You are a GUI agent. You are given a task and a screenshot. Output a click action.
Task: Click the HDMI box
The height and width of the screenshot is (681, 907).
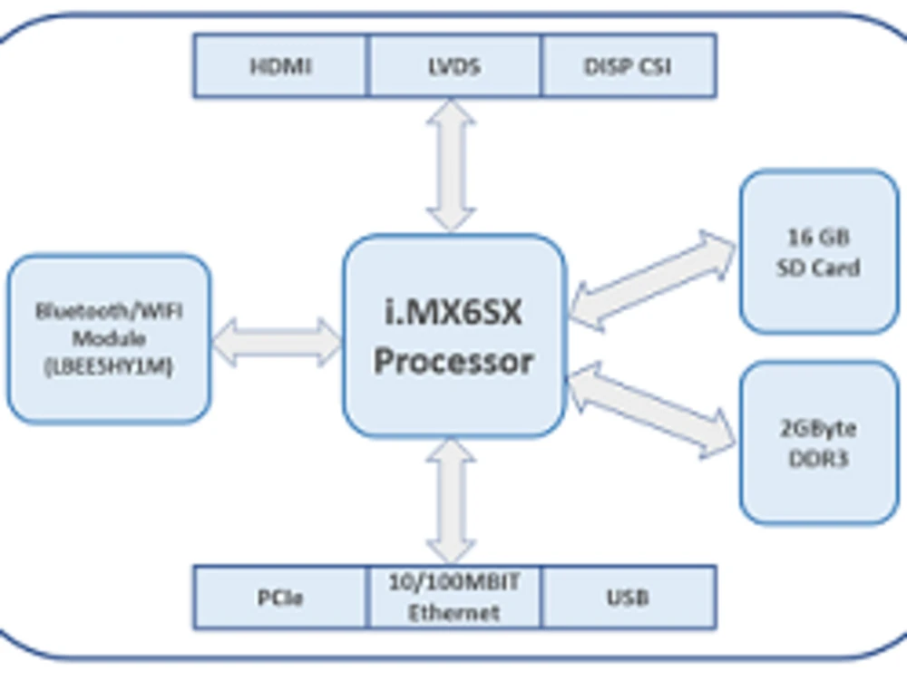click(x=280, y=65)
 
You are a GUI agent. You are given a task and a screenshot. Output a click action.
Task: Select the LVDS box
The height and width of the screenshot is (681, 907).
click(x=454, y=65)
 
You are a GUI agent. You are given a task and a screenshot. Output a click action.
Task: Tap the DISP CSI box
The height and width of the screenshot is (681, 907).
click(x=629, y=65)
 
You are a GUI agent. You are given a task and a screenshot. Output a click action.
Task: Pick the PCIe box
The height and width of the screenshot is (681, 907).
click(x=280, y=598)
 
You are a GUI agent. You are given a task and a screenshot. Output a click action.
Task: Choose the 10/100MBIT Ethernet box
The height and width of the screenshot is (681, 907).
click(x=454, y=598)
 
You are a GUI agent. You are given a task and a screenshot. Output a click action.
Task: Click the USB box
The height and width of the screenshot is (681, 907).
click(x=629, y=598)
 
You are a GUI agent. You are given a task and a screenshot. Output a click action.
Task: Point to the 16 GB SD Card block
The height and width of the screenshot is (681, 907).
click(x=819, y=251)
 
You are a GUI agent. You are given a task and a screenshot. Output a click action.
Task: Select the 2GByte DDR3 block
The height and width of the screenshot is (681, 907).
click(x=819, y=443)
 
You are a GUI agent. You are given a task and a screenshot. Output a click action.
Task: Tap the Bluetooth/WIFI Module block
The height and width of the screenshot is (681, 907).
click(x=109, y=338)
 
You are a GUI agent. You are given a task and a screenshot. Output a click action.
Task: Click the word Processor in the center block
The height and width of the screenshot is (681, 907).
click(x=453, y=362)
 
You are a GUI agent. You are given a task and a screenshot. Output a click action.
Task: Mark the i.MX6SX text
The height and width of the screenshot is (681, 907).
click(x=453, y=313)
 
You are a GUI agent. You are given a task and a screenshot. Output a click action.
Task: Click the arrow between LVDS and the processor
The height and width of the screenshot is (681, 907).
click(x=451, y=165)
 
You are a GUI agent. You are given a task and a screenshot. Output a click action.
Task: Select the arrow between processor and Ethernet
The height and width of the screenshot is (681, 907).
click(x=451, y=501)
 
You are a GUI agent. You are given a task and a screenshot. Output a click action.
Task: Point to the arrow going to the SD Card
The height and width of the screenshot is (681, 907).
click(x=653, y=279)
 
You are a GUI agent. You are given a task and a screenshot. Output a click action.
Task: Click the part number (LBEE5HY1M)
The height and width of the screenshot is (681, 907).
click(x=109, y=368)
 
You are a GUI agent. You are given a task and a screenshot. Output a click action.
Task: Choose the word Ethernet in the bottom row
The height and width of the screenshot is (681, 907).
click(x=453, y=613)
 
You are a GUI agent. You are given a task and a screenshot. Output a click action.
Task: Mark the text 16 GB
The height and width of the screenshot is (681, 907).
click(x=818, y=237)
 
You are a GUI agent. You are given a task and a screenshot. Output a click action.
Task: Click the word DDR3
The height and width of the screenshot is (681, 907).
click(x=818, y=459)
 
